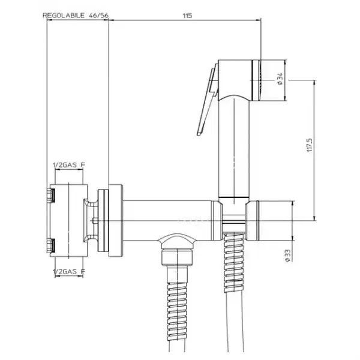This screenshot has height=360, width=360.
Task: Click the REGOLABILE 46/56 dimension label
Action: click(76, 16)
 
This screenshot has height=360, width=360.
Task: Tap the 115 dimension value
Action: click(187, 16)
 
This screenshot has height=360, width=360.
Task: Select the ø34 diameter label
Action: click(280, 79)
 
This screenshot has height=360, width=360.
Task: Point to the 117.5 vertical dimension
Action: click(310, 145)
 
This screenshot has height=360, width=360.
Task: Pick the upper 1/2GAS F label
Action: click(69, 165)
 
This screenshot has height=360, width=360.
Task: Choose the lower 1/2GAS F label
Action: click(69, 272)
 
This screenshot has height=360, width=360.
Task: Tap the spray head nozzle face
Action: click(257, 80)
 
